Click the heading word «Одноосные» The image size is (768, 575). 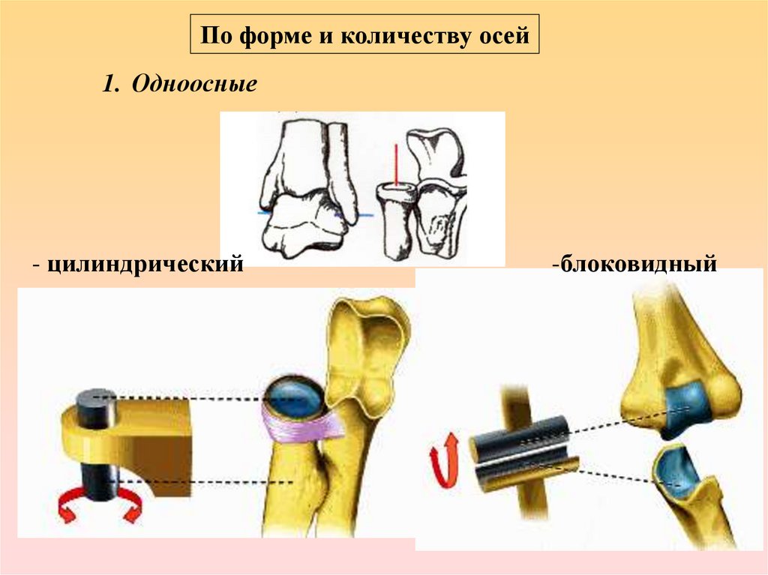pos(194,83)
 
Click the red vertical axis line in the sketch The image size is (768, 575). pos(394,164)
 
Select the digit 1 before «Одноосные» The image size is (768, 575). pos(110,83)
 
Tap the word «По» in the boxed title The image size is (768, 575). pos(216,35)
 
